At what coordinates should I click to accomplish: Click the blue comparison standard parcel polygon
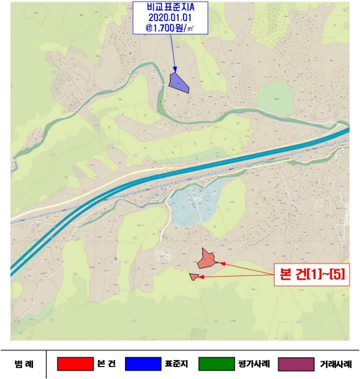[x=178, y=82]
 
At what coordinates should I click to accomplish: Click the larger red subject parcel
[x=207, y=259]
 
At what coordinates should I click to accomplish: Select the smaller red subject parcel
[x=193, y=277]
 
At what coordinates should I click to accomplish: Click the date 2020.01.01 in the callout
[x=171, y=18]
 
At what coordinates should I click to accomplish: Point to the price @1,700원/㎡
[x=171, y=29]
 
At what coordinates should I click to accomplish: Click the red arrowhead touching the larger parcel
[x=222, y=263]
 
